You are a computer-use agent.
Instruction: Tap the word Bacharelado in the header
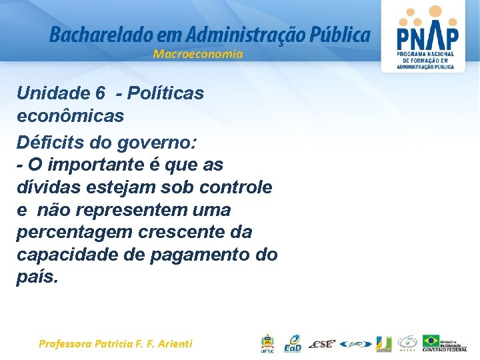pos(91,34)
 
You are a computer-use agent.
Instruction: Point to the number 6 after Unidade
pos(100,93)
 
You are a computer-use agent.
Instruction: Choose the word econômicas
pos(70,115)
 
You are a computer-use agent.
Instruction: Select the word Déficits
pos(51,142)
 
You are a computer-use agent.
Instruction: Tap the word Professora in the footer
pos(66,344)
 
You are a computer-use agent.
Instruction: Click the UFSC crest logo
pos(267,343)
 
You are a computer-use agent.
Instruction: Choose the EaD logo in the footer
pos(293,343)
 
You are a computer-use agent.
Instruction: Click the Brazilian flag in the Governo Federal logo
pos(431,341)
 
